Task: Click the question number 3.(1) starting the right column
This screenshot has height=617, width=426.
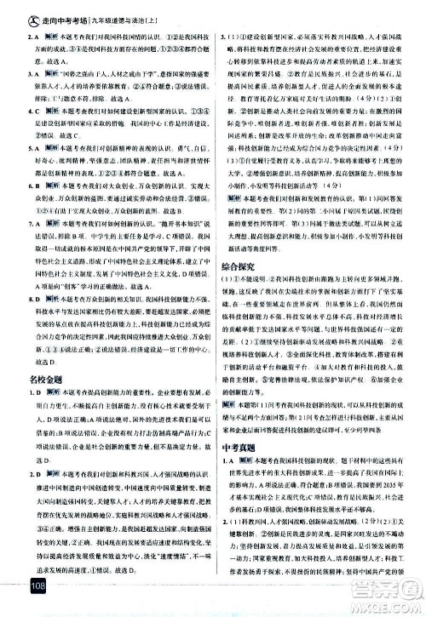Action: click(x=228, y=38)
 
